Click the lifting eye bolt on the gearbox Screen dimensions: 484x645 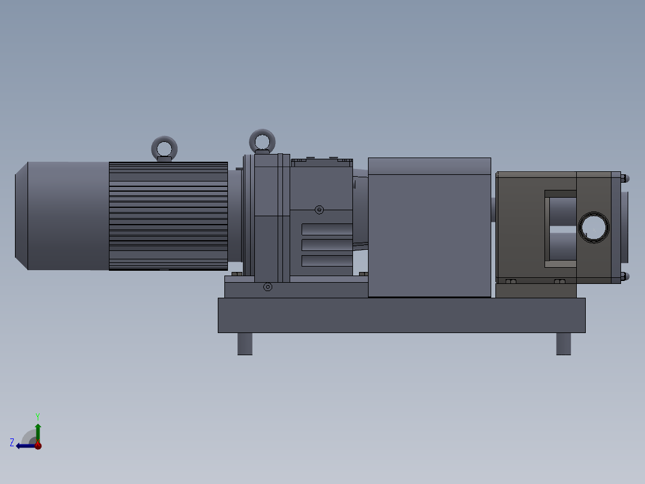point(262,141)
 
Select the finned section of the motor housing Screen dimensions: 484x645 point(168,216)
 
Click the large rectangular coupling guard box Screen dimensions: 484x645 point(429,228)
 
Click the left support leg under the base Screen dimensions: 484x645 point(245,344)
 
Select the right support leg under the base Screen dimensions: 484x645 point(563,344)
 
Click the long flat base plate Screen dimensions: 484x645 point(401,315)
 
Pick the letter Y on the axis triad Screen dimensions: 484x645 point(37,416)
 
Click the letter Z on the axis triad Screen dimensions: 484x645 point(12,443)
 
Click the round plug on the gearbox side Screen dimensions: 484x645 point(319,210)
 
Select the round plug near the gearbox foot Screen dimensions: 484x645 point(267,288)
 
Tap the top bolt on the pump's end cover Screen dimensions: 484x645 point(624,178)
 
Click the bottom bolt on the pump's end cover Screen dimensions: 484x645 point(624,277)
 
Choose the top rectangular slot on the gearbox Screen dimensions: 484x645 point(327,229)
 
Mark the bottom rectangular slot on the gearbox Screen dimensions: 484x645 point(327,261)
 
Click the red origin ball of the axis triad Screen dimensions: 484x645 point(38,446)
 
